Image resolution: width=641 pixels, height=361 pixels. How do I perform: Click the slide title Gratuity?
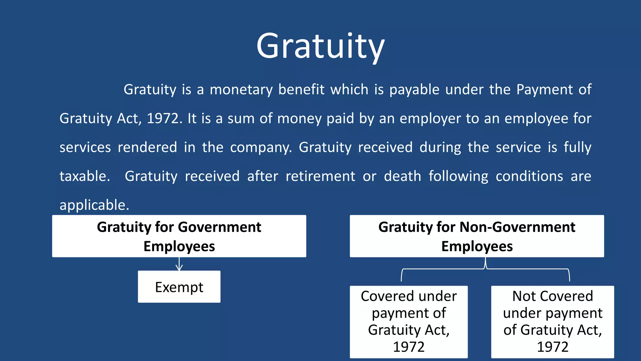tap(320, 46)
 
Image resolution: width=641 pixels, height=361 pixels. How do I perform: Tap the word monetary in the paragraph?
tap(241, 90)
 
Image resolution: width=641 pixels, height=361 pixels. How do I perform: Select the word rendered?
tap(147, 148)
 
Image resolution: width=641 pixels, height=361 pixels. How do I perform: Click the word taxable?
tap(85, 176)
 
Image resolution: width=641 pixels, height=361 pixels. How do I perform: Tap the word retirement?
tap(320, 176)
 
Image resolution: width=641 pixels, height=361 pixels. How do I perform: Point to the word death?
tap(402, 176)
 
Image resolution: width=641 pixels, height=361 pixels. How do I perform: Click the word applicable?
tap(94, 205)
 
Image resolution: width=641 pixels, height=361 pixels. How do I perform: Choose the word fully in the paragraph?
tap(577, 148)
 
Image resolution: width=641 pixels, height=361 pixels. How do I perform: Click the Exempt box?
tap(179, 287)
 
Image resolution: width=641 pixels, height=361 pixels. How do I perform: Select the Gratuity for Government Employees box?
tap(179, 236)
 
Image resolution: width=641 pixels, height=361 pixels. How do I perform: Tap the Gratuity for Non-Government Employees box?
tap(477, 236)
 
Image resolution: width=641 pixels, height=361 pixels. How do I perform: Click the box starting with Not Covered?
tap(552, 322)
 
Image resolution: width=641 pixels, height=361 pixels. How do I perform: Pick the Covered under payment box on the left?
tap(409, 322)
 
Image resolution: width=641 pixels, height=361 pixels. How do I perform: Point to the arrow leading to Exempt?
tap(179, 264)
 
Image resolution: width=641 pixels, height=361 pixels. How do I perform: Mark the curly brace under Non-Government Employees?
tap(485, 269)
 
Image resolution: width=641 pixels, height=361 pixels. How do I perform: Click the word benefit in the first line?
tap(301, 90)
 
